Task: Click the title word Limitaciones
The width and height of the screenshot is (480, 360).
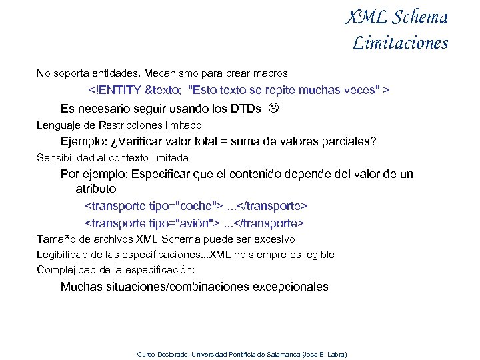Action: click(400, 43)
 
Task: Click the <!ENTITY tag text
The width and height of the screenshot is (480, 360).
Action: click(115, 89)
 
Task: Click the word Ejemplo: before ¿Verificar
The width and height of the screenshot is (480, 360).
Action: click(83, 141)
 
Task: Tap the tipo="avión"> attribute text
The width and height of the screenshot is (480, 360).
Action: click(178, 223)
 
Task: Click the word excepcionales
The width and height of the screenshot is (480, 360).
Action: click(289, 287)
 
